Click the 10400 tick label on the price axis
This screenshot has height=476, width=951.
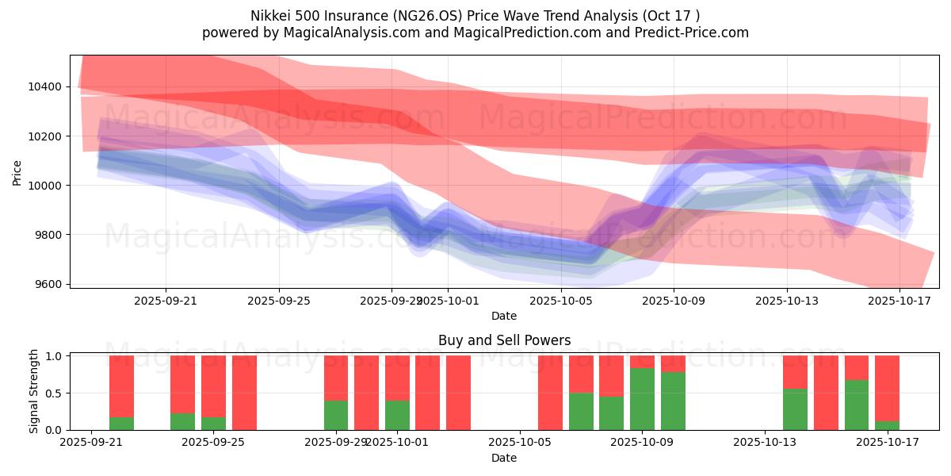(50, 86)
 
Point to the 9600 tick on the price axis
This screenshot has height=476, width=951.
(50, 284)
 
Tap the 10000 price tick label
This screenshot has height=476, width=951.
(50, 186)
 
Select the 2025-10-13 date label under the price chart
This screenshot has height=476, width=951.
(787, 301)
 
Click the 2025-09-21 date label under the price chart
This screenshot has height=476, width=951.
(166, 301)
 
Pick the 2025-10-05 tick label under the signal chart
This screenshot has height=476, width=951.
(519, 443)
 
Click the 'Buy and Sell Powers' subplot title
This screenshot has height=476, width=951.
(504, 340)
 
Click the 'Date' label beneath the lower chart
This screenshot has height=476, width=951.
(504, 458)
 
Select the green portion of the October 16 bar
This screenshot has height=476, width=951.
(857, 405)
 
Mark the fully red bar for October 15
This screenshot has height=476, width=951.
(826, 393)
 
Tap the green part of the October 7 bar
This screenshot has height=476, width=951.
(581, 411)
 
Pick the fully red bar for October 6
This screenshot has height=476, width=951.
(551, 393)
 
